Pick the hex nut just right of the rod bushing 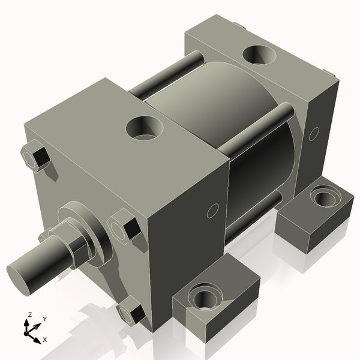coord(124,225)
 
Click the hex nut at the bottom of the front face coord(130,313)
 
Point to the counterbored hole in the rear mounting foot coord(323,196)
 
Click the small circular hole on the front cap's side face coord(212,211)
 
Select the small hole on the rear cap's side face coord(313,134)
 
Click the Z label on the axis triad coord(30,314)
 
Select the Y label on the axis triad coord(44,319)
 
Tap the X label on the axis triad coord(45,340)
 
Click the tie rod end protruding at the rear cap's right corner coord(328,74)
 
